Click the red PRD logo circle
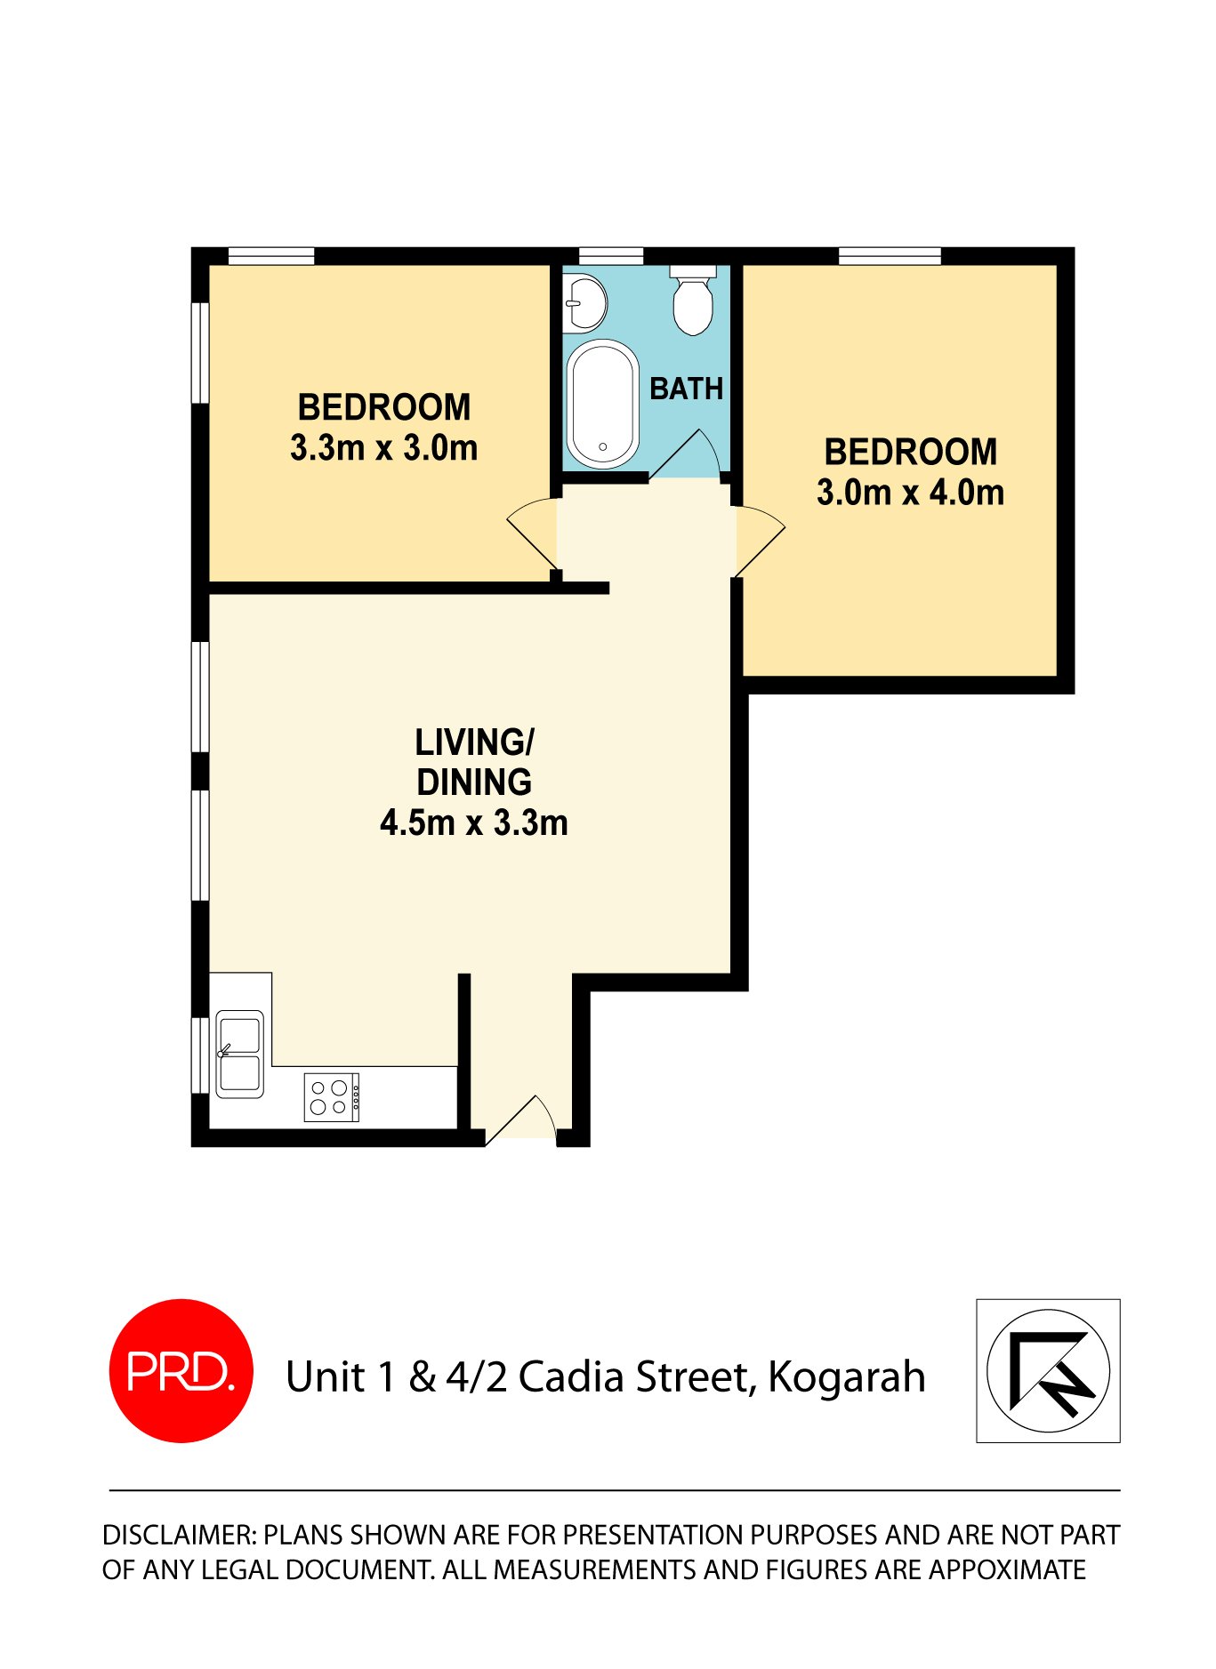tap(181, 1370)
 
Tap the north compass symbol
tap(1048, 1370)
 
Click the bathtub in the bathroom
tap(603, 405)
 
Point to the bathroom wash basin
tap(584, 302)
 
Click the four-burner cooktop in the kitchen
tap(331, 1096)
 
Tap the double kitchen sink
tap(239, 1054)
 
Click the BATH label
tap(686, 389)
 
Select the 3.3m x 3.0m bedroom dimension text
tap(383, 447)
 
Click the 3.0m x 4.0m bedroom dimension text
tap(910, 492)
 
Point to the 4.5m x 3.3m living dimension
tap(473, 822)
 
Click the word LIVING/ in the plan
tap(474, 742)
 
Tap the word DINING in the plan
tap(474, 782)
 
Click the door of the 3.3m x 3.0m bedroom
tap(535, 534)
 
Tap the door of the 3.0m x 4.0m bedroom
tap(758, 539)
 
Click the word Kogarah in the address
tap(846, 1376)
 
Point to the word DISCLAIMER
tap(179, 1535)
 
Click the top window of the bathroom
tap(610, 256)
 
